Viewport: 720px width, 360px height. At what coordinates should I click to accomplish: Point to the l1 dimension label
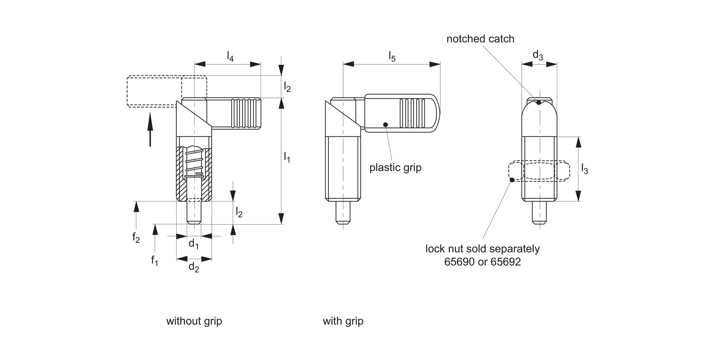tap(287, 157)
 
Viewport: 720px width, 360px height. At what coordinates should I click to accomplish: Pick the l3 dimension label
tap(584, 168)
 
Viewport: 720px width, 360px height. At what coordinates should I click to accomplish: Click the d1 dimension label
tap(193, 244)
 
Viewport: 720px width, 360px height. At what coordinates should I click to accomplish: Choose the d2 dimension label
tap(193, 267)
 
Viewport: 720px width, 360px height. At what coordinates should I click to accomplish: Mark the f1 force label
tap(155, 261)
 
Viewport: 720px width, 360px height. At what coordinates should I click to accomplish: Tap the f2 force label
tap(136, 238)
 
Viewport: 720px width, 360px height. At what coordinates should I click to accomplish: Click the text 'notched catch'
tap(480, 39)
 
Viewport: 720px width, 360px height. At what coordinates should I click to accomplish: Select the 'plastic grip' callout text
tap(395, 168)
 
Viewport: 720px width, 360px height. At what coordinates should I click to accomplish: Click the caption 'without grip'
tap(194, 321)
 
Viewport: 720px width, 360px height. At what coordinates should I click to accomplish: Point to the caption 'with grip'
tap(343, 321)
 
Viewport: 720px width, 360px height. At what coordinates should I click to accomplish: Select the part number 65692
tap(504, 263)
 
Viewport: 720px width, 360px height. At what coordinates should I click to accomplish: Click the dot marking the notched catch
tap(539, 102)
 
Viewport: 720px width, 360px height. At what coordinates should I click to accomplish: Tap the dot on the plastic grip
tap(385, 125)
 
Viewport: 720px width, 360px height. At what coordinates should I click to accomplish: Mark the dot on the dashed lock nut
tap(512, 180)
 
